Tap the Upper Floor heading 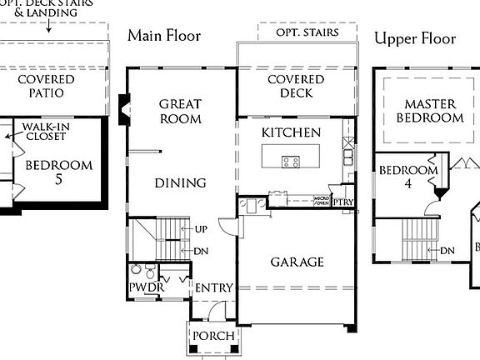click(415, 38)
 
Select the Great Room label click(181, 111)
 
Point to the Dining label click(180, 183)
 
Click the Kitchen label click(291, 132)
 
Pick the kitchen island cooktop click(291, 162)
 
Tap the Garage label click(297, 262)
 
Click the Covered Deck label click(290, 86)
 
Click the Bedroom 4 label click(408, 177)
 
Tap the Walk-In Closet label click(45, 130)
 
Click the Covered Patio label click(46, 86)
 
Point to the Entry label click(213, 287)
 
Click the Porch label click(213, 336)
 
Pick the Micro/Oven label click(322, 200)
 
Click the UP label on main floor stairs click(201, 228)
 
